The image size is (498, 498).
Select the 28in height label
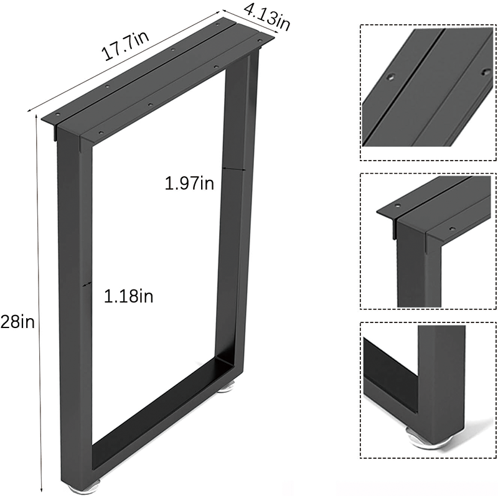[17, 322]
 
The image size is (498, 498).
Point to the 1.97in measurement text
[189, 183]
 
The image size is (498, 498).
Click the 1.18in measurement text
[128, 296]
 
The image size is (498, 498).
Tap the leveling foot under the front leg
[88, 486]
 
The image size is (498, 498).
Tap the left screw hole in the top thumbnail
[390, 78]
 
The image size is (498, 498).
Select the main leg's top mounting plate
[162, 81]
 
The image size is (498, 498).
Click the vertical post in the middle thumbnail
[411, 274]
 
